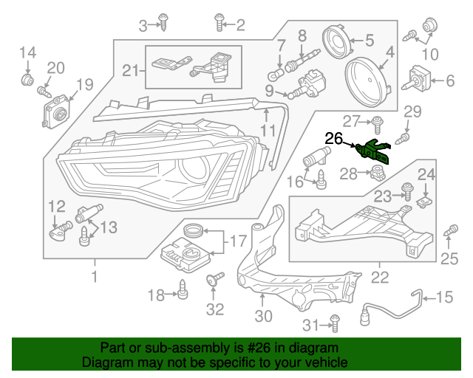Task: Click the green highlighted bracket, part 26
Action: (374, 151)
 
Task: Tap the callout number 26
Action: (334, 138)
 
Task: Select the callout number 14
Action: (27, 52)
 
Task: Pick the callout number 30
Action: (262, 316)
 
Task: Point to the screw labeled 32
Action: (216, 281)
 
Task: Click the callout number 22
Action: (380, 278)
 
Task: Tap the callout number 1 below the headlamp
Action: (94, 277)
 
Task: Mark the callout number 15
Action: (445, 298)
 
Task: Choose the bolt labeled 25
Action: (447, 233)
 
